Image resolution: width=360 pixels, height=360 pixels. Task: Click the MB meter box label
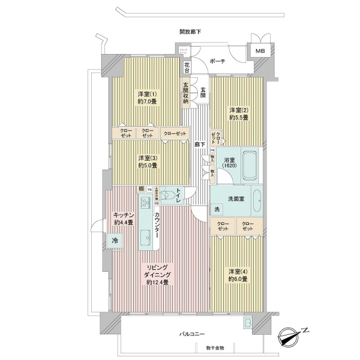pyautogui.click(x=260, y=52)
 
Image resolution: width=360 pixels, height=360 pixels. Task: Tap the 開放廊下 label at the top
pyautogui.click(x=190, y=31)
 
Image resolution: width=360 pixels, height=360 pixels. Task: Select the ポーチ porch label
pyautogui.click(x=218, y=61)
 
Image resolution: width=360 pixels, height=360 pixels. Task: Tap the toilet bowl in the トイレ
pyautogui.click(x=169, y=196)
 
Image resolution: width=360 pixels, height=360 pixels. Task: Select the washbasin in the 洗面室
pyautogui.click(x=256, y=199)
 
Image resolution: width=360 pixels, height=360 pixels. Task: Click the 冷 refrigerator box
pyautogui.click(x=115, y=241)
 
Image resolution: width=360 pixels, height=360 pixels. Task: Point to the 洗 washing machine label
pyautogui.click(x=217, y=209)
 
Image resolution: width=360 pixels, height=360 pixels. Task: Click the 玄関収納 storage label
pyautogui.click(x=186, y=92)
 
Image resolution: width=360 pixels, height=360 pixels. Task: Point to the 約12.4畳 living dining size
pyautogui.click(x=157, y=282)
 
